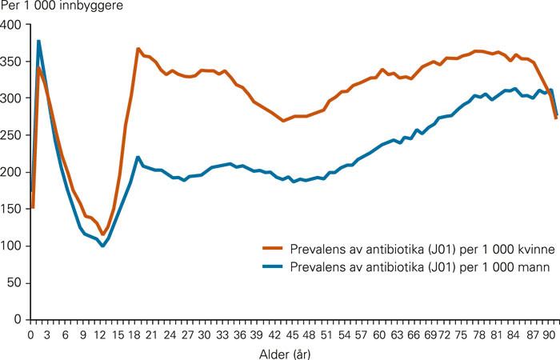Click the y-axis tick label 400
(13, 26)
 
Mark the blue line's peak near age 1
(38, 42)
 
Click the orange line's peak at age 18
(138, 49)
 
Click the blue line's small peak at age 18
(138, 157)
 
